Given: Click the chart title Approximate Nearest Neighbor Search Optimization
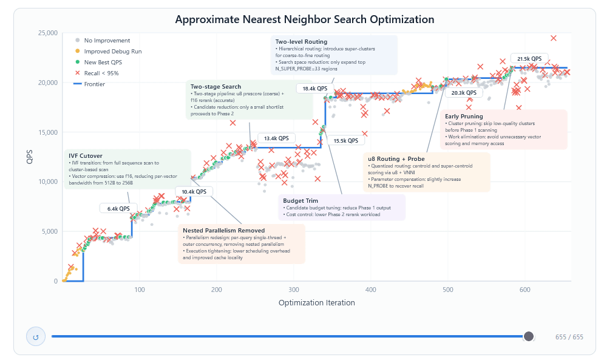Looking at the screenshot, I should tap(304, 19).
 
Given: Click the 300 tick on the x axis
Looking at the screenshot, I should tap(293, 290).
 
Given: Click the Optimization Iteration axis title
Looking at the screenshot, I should tap(316, 302).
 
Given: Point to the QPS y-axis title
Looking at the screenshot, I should tap(30, 157).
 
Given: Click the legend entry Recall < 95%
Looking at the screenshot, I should tap(101, 73).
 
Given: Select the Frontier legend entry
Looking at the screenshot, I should tap(94, 84).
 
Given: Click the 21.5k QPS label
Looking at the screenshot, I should tap(529, 59).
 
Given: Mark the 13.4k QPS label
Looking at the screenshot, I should tap(276, 138).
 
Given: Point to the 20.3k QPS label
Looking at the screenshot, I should tap(463, 93).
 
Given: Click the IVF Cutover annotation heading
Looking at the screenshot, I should tap(86, 156).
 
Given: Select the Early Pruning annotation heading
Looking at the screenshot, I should tap(464, 116).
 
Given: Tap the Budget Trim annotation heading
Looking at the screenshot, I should tap(300, 200).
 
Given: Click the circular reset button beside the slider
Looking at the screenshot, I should tap(36, 337).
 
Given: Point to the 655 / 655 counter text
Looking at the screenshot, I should tap(569, 337).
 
